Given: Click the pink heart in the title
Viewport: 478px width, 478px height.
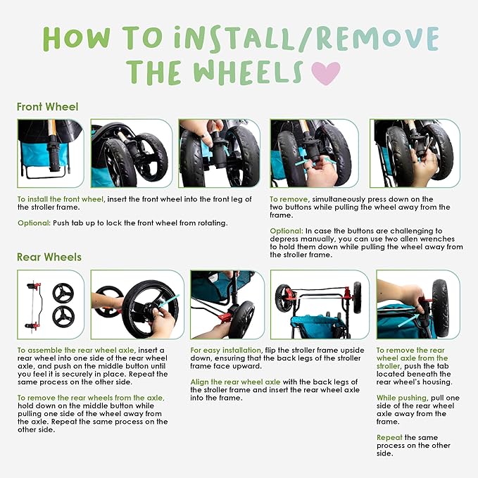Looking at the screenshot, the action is (x=325, y=73).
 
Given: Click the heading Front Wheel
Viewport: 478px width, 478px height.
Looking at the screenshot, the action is (x=48, y=107).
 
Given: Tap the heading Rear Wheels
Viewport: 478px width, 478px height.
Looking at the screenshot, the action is (x=49, y=257).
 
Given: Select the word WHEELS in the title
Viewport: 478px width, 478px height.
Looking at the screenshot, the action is (x=248, y=73).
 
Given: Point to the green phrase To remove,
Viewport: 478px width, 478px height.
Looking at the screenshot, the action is (x=289, y=199).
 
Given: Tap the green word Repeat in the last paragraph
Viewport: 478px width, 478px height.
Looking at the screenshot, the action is (x=389, y=438).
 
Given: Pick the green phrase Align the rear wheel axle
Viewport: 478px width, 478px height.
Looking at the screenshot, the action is (x=235, y=382).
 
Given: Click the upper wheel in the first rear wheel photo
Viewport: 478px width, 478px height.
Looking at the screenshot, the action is (x=63, y=293).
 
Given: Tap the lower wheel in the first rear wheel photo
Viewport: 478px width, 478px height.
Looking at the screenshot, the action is (x=63, y=317).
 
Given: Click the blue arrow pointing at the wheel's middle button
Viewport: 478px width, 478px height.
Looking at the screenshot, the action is (x=169, y=301).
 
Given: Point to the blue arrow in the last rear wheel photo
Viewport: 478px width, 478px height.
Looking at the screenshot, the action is (x=408, y=321).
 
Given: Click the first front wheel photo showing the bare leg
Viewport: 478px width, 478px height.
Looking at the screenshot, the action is (x=51, y=153).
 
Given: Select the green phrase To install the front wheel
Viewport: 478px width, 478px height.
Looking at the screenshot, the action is (x=61, y=199).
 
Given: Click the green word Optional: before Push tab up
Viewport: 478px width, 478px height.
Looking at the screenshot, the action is (x=34, y=223).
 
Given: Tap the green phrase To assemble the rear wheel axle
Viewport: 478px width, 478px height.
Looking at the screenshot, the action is (x=75, y=351).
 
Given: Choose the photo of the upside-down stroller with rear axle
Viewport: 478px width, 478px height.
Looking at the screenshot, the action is (x=320, y=305).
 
